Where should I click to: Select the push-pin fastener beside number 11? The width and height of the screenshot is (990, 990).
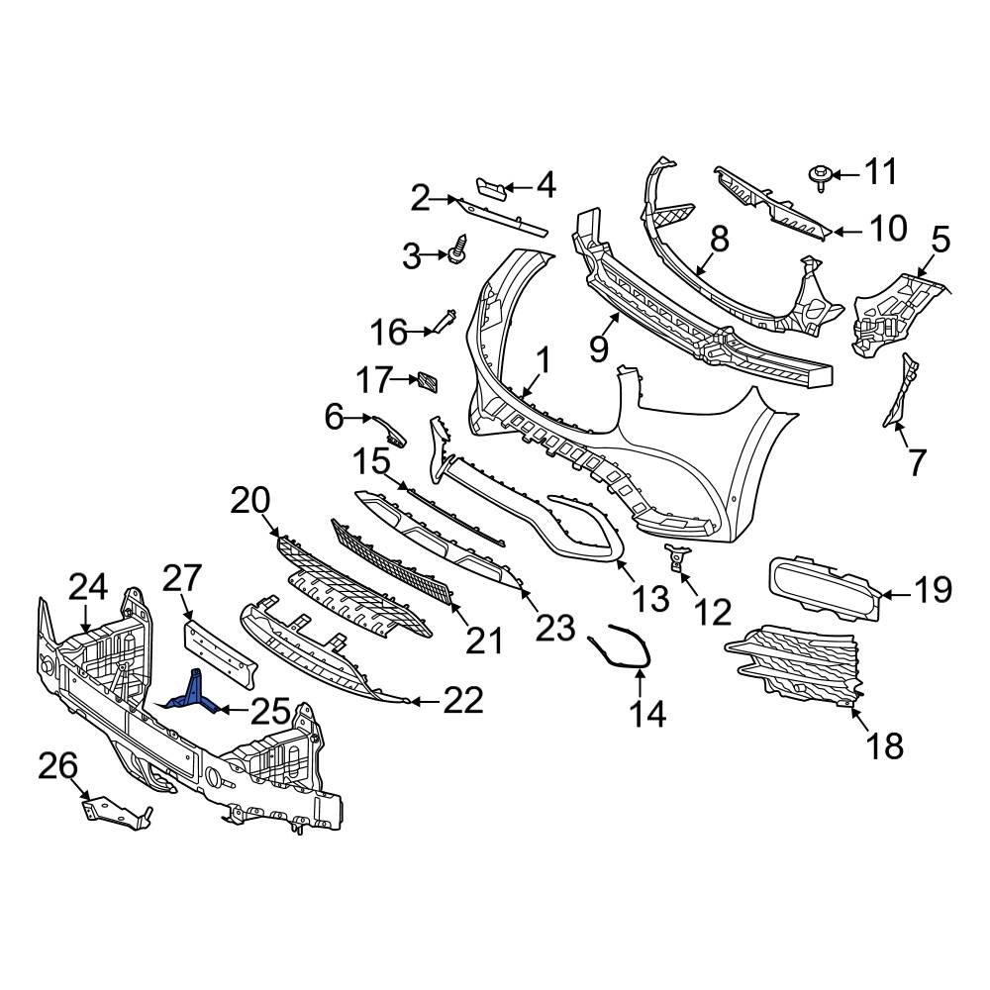point(820,176)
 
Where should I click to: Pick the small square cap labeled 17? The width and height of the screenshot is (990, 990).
point(428,381)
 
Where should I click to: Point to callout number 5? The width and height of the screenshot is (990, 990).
point(940,239)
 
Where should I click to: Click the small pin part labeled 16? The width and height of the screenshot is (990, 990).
point(443,322)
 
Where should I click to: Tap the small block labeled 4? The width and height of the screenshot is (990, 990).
point(492,187)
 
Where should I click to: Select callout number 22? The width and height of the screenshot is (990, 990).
point(462,702)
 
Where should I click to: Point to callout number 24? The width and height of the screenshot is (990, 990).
point(88,588)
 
